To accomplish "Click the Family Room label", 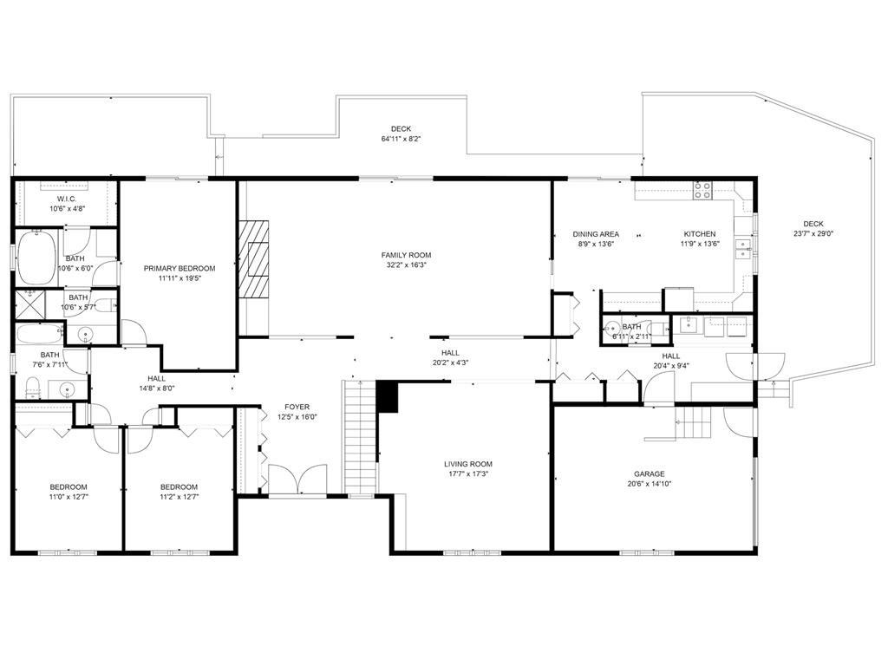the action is point(406,255).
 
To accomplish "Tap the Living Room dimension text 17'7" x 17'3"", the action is point(468,474).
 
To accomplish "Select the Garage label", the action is point(649,474).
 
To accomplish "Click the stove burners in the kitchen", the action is point(702,190).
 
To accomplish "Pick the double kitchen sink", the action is point(743,249).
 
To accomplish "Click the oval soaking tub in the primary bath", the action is point(36,258).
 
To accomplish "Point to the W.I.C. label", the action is point(67,199).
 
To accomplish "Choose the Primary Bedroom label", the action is point(180,269).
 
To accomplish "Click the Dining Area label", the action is point(596,234).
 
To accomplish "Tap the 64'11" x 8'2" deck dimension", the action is point(401,139).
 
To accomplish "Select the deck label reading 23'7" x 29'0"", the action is point(813,233).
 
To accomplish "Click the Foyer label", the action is point(297,408).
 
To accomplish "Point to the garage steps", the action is point(693,422).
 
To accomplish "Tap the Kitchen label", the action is point(700,234).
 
